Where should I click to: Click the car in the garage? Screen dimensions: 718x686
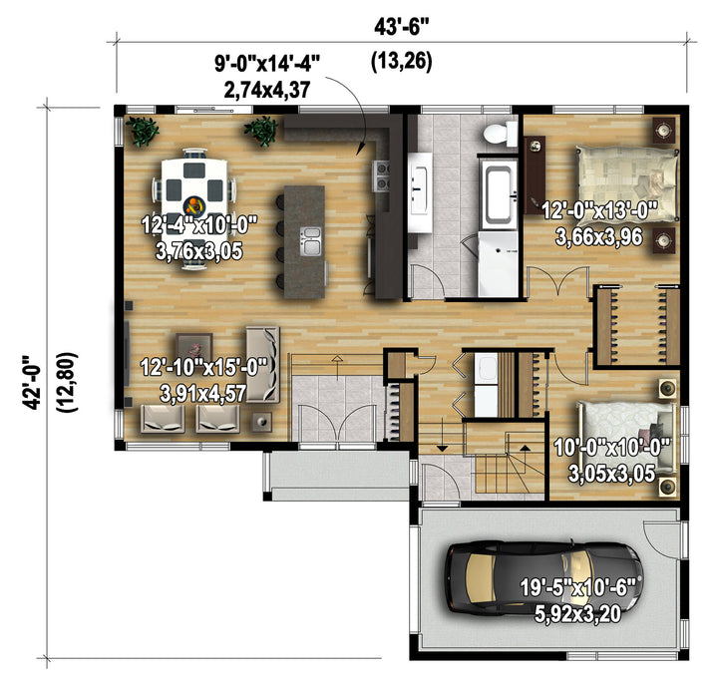click(544, 577)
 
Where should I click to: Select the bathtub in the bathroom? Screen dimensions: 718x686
click(499, 192)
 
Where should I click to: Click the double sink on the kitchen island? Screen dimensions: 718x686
click(311, 241)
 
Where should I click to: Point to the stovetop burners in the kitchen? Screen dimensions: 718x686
click(382, 175)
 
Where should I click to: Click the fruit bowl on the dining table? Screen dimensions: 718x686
click(194, 205)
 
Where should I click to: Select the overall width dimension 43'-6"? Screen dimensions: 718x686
click(402, 28)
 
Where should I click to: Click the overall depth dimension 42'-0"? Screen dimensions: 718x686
click(31, 382)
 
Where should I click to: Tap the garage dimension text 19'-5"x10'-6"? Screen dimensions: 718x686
click(577, 588)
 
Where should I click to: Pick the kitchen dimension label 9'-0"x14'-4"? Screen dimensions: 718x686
click(266, 63)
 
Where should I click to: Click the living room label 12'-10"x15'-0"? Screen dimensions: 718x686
click(203, 367)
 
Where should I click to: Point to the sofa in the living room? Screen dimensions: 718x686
click(262, 364)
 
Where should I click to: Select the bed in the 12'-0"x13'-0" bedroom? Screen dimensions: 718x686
click(627, 184)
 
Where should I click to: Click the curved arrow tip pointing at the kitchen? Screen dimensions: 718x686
click(359, 154)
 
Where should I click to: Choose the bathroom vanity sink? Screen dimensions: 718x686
click(420, 191)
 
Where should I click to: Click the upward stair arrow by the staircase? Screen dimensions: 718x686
click(525, 448)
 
